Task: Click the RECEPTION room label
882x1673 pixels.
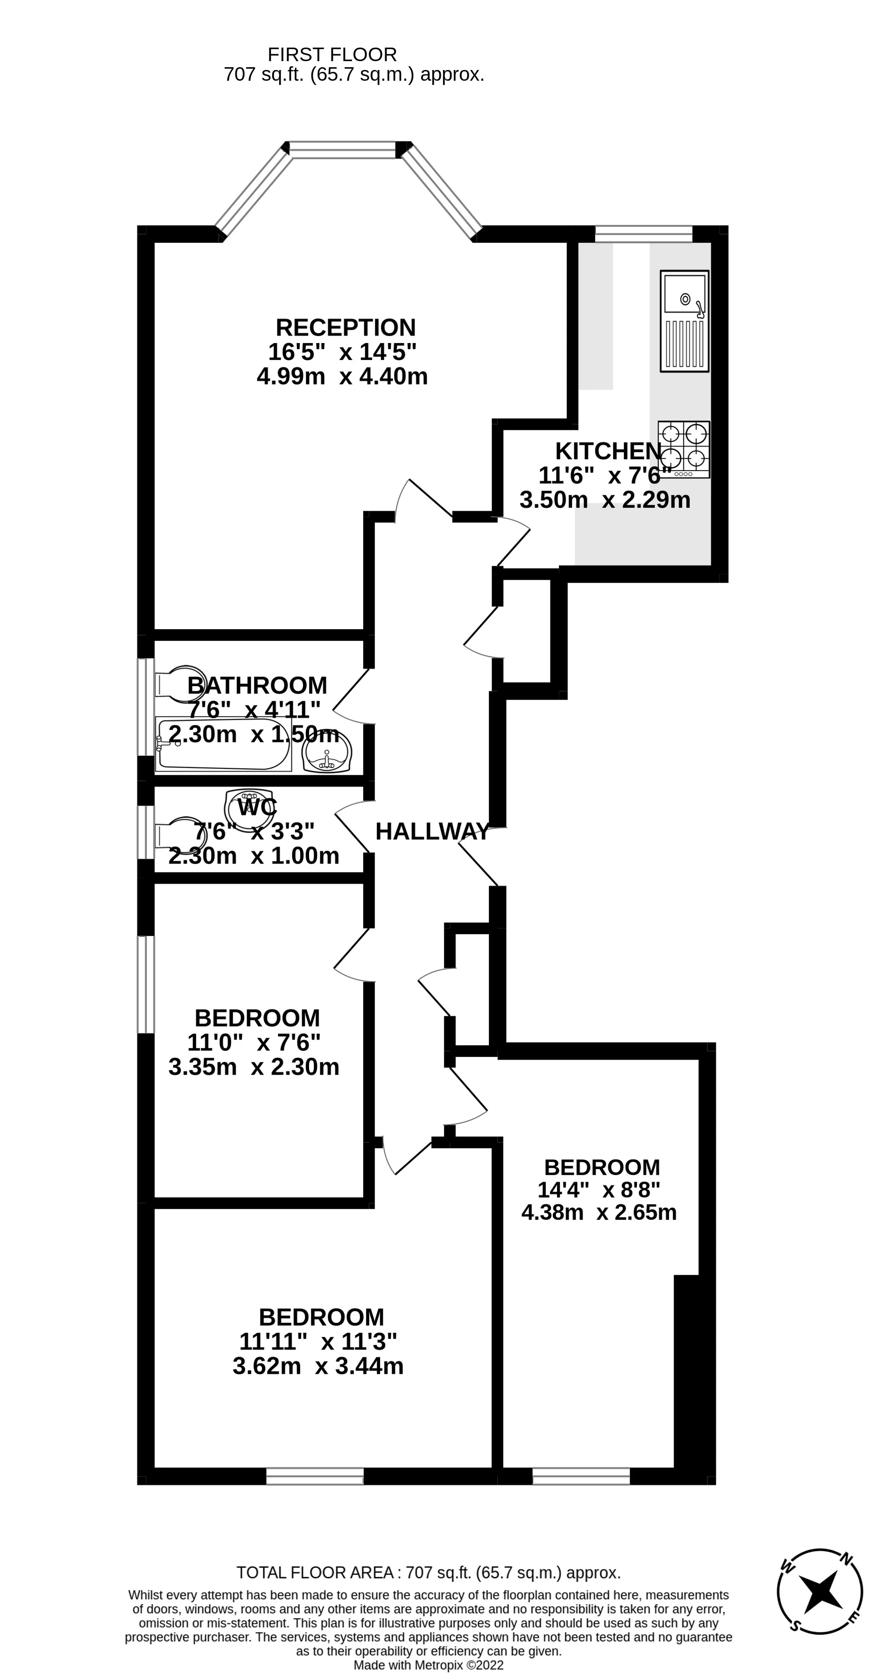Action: pos(346,327)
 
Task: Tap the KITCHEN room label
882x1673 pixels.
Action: pos(608,451)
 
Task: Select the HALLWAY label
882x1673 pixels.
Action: pos(432,831)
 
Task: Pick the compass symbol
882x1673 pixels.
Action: pos(819,1591)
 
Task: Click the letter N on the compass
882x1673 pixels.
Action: pos(846,1559)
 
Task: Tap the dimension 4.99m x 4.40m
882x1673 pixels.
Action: pos(342,376)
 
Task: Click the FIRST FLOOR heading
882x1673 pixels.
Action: pos(332,55)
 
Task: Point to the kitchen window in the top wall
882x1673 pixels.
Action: pos(643,234)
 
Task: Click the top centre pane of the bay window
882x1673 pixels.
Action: pos(342,150)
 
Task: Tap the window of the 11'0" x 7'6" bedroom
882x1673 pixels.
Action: pos(146,984)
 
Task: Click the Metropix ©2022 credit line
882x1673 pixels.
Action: pos(428,1665)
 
